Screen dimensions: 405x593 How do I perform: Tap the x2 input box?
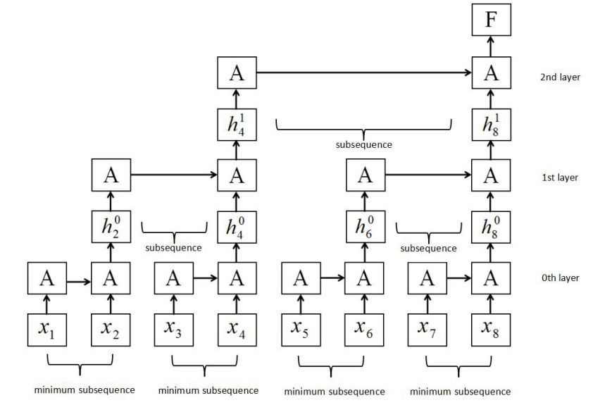109,328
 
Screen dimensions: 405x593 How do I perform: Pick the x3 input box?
173,328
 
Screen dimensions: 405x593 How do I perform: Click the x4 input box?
236,328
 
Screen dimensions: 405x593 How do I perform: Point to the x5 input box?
300,328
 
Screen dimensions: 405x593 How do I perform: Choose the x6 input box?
363,328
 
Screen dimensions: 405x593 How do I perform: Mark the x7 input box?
427,328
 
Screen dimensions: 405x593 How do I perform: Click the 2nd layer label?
560,77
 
